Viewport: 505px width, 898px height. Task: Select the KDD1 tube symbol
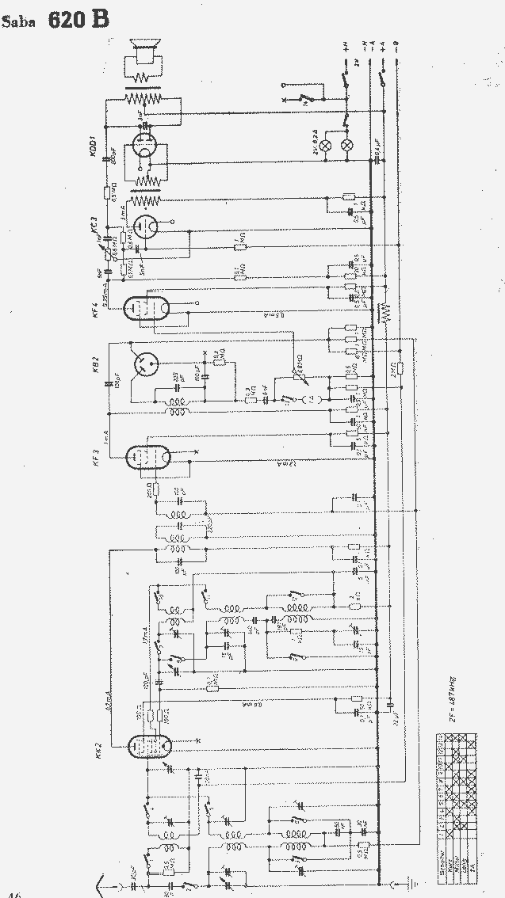(x=143, y=148)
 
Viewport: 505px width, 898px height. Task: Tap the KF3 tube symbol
(x=148, y=455)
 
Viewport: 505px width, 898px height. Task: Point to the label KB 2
(x=96, y=365)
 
